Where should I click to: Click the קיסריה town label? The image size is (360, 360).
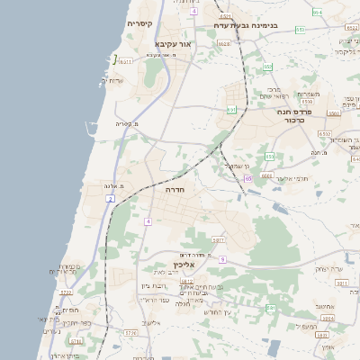(x=139, y=23)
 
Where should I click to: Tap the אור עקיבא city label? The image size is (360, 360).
(x=173, y=43)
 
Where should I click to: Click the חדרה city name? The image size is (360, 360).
(x=174, y=191)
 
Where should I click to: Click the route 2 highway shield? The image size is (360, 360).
(x=109, y=197)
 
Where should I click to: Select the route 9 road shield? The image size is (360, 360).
(x=221, y=259)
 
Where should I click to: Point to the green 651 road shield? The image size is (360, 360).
(x=231, y=110)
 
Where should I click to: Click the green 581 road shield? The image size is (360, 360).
(x=271, y=308)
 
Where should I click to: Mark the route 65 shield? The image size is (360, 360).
(x=247, y=178)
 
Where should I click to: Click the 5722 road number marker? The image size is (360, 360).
(x=65, y=292)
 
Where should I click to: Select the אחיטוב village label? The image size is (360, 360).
(x=325, y=306)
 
